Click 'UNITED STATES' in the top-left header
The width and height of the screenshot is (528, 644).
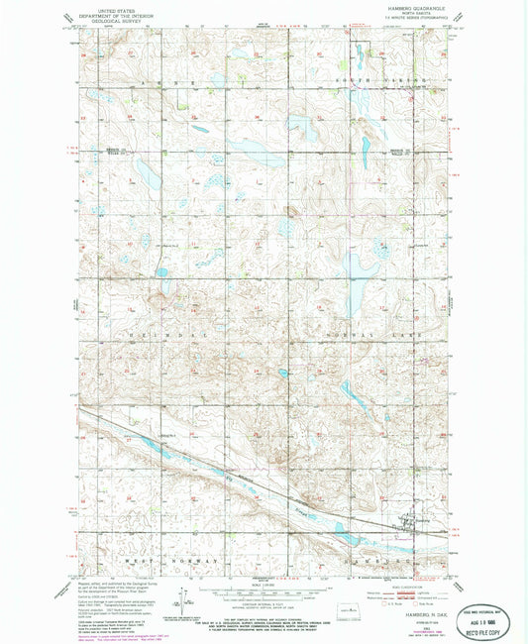click(x=110, y=9)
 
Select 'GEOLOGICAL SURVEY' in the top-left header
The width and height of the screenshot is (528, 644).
click(x=110, y=21)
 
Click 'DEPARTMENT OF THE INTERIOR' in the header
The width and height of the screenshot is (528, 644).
click(x=110, y=15)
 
